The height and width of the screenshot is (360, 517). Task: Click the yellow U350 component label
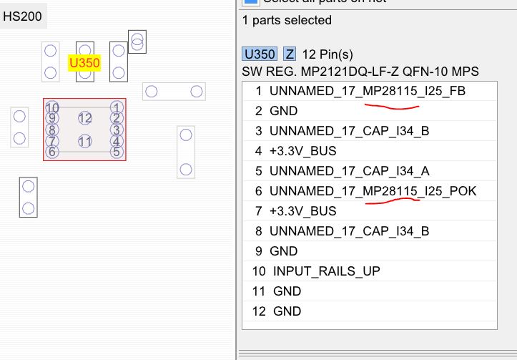(84, 63)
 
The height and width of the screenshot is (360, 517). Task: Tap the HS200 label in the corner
(23, 16)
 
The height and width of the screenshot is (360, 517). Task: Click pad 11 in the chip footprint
(85, 142)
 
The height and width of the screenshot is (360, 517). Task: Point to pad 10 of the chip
(51, 107)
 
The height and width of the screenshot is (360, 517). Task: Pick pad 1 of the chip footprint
(117, 107)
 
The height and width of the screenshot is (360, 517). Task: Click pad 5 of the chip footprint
(117, 152)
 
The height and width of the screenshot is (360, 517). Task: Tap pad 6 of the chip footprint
(51, 152)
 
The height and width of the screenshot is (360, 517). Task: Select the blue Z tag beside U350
(290, 54)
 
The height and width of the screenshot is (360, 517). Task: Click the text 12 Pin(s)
(328, 54)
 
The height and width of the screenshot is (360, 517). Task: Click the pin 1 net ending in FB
(371, 92)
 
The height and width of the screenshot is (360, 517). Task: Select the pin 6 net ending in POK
(373, 191)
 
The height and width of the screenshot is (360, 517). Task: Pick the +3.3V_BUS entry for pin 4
(302, 151)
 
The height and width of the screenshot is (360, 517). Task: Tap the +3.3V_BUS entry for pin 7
(302, 211)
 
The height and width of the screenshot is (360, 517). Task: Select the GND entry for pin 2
(283, 112)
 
